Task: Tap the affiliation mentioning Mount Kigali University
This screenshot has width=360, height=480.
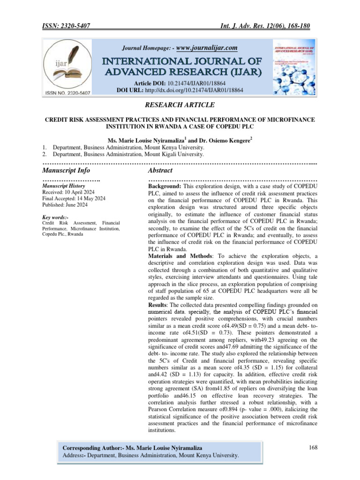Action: [x=128, y=154]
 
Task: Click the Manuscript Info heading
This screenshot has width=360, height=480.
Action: [x=66, y=170]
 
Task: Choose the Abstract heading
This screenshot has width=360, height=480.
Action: [x=160, y=170]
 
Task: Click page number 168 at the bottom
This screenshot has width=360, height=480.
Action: [x=314, y=448]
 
